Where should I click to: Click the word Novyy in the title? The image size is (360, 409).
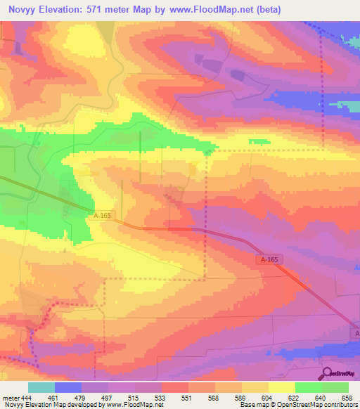pyautogui.click(x=23, y=11)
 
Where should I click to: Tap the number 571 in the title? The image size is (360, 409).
pyautogui.click(x=111, y=11)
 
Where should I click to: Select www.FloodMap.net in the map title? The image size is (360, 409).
pyautogui.click(x=229, y=11)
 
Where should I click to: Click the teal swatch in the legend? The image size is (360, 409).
pyautogui.click(x=41, y=387)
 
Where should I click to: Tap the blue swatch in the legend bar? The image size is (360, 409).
pyautogui.click(x=68, y=387)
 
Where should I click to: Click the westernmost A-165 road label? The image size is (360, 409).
pyautogui.click(x=101, y=216)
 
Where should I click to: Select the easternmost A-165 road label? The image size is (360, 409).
pyautogui.click(x=266, y=260)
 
